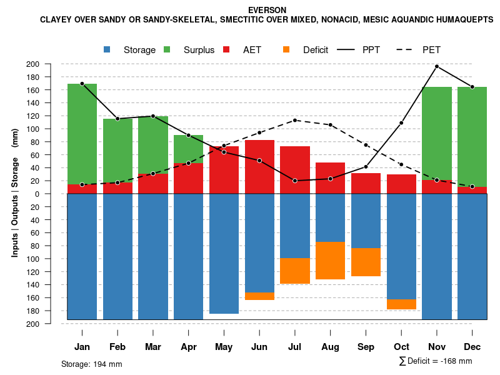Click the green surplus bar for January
coord(82,134)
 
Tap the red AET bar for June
coord(259,167)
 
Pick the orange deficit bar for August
coord(331,261)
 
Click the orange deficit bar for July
coord(295,271)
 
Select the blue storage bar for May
coord(224,254)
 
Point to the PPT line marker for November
coord(437,66)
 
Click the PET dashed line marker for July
coord(295,120)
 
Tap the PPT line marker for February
coord(117,119)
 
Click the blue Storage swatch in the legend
coord(107,49)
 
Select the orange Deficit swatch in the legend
coord(287,49)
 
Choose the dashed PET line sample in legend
coord(406,49)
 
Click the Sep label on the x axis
coord(366,347)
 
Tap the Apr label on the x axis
coord(189,347)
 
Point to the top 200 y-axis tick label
coord(51,64)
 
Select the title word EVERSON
coord(267,10)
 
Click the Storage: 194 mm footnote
coord(92,364)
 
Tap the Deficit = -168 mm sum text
coord(436,361)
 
